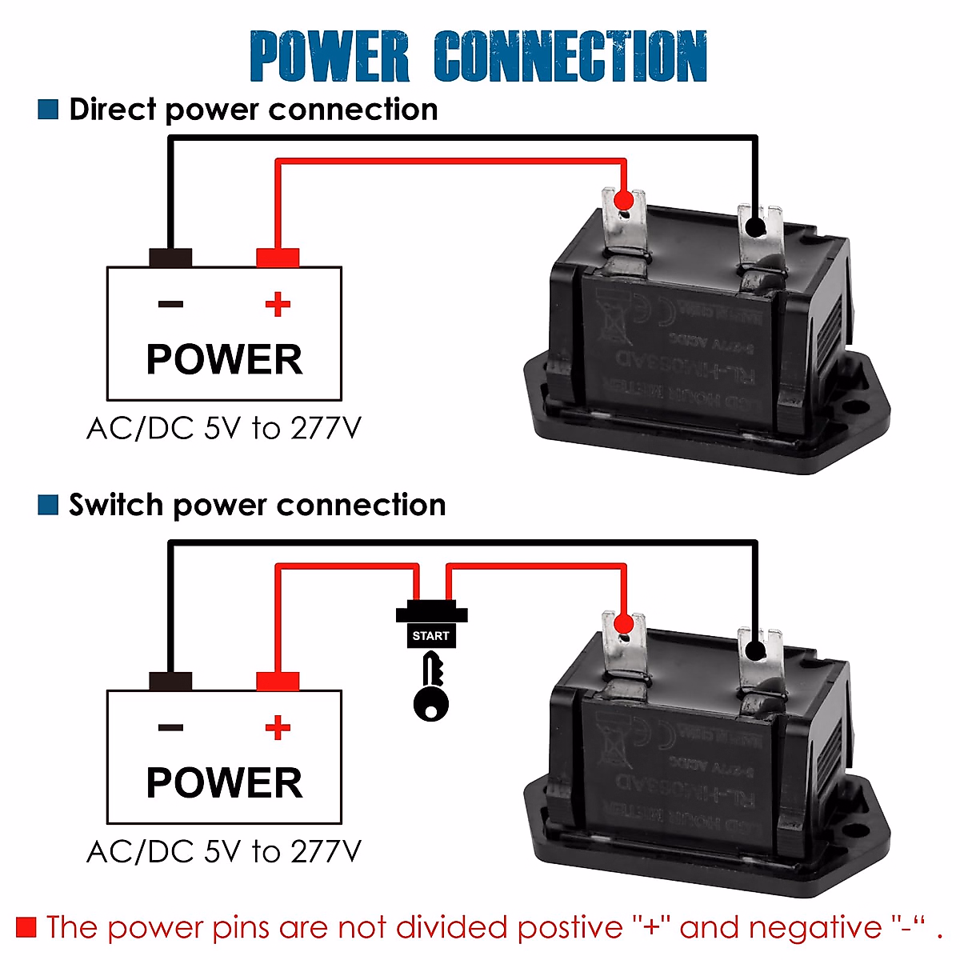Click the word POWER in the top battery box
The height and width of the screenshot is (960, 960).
pos(224,359)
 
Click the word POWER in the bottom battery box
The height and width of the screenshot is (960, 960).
pos(224,782)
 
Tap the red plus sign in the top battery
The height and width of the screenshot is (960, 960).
pos(278,304)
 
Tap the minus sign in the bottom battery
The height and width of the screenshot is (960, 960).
pos(170,727)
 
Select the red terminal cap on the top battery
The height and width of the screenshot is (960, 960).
pos(278,258)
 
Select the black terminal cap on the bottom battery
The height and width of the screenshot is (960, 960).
pos(170,681)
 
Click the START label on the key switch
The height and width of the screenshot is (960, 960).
pos(431,636)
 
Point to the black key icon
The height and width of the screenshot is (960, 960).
pos(431,688)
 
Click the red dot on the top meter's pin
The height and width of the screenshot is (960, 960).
pos(625,200)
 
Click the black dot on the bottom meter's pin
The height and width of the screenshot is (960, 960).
pos(754,650)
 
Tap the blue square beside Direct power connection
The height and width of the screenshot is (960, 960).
pos(48,110)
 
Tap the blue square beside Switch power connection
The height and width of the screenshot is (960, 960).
pos(48,505)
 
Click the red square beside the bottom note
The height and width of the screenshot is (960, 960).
pos(26,927)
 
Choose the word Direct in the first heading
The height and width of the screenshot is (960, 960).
pos(112,110)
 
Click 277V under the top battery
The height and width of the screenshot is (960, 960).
pos(326,429)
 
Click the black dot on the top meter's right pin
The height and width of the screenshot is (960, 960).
pos(754,228)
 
